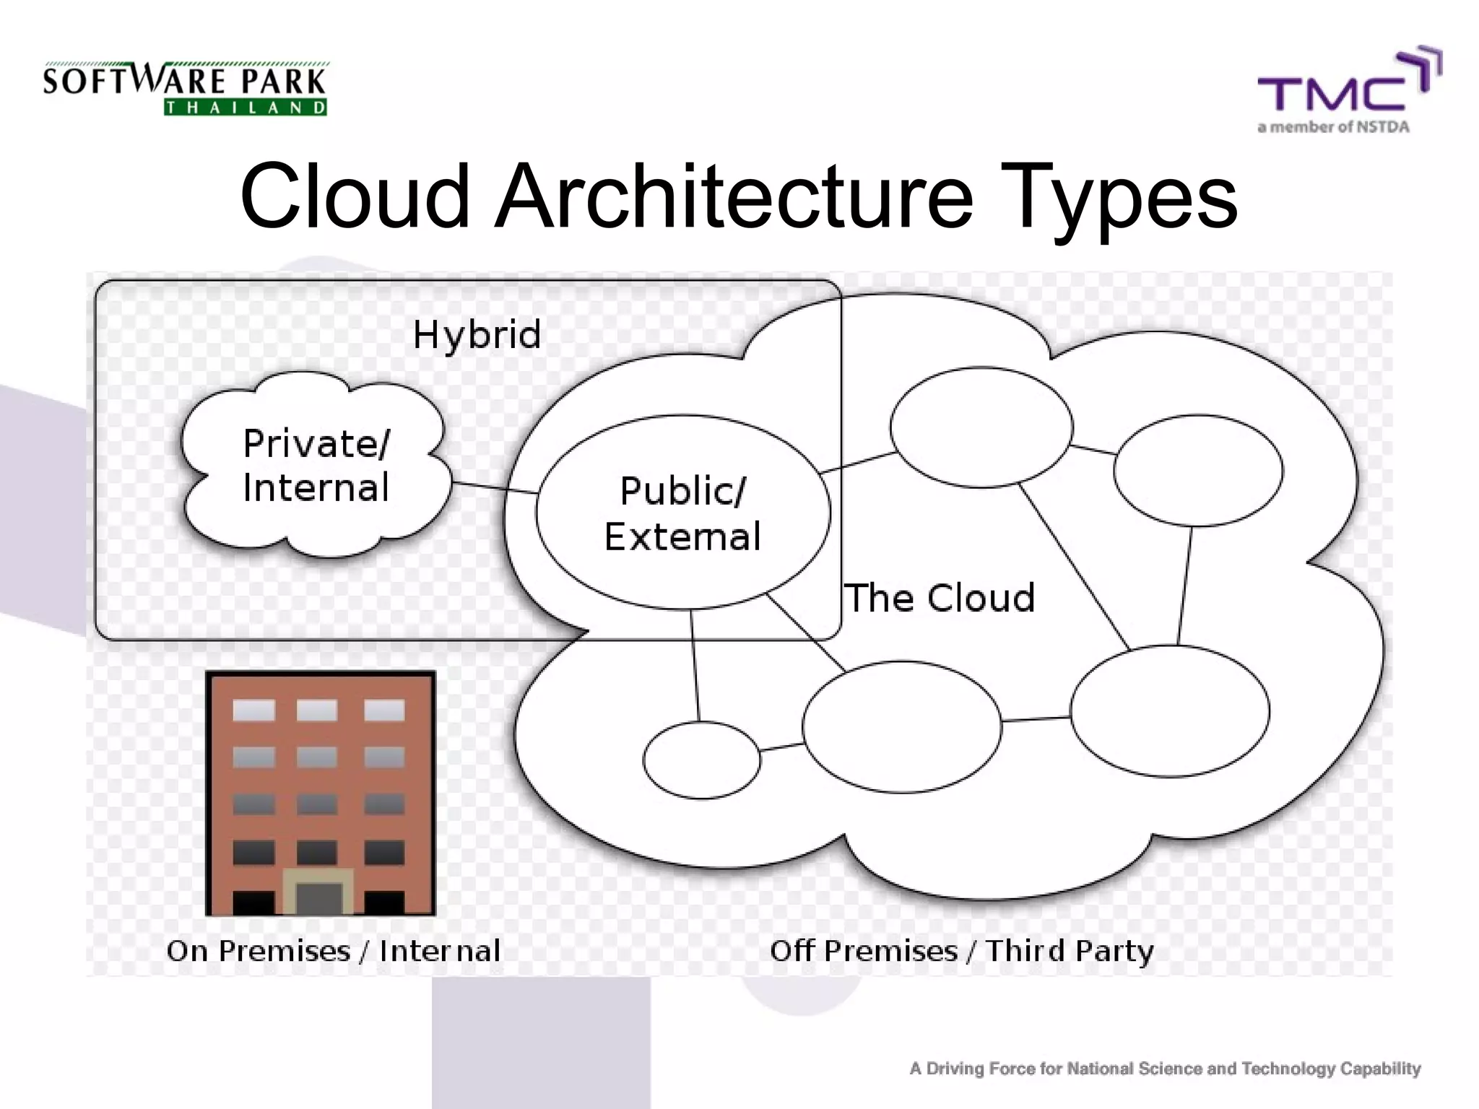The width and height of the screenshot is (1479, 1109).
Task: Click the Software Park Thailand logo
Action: click(x=185, y=89)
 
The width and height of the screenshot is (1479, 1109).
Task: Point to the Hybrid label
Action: click(x=477, y=335)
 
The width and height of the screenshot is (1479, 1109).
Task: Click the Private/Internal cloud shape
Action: click(x=316, y=465)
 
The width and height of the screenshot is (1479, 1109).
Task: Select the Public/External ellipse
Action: click(x=682, y=513)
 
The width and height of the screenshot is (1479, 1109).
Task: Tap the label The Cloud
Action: click(x=940, y=598)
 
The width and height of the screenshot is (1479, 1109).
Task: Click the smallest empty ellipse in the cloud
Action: click(x=701, y=760)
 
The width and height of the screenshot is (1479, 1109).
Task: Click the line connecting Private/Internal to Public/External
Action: click(x=495, y=487)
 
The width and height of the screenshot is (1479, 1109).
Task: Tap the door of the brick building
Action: click(x=318, y=897)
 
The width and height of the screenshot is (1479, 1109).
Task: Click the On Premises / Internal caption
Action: click(x=333, y=951)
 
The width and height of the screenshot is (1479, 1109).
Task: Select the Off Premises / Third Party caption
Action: click(x=961, y=951)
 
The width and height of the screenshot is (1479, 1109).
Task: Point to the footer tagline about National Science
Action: click(x=1165, y=1069)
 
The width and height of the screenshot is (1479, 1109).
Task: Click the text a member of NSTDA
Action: click(x=1333, y=127)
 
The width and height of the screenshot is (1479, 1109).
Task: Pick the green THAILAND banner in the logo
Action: click(x=246, y=108)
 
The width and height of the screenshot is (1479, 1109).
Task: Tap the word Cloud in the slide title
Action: click(x=355, y=196)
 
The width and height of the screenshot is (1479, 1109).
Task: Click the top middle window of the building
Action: click(x=317, y=710)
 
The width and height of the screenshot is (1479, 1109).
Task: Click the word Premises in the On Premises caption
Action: click(x=284, y=951)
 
